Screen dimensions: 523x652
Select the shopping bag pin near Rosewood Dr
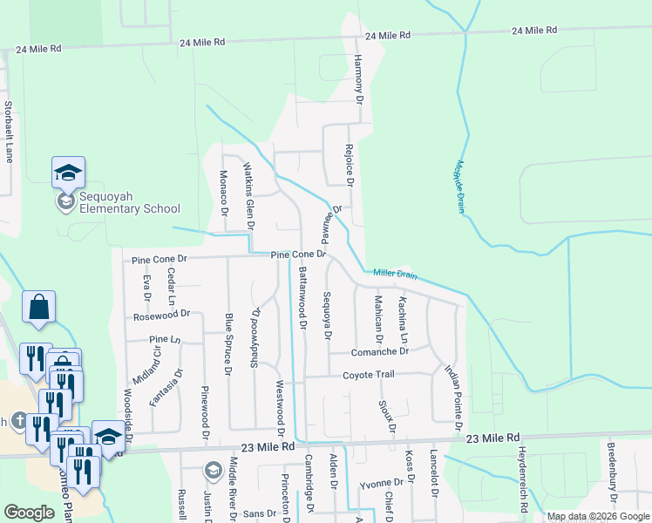tap(39, 308)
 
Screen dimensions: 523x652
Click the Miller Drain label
tap(395, 275)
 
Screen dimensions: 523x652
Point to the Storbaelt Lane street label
tap(10, 132)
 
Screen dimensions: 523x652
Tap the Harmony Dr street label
tap(357, 80)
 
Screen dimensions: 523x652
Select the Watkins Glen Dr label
tap(248, 194)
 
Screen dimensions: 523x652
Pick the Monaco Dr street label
tap(224, 194)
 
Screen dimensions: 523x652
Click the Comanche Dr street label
tap(380, 352)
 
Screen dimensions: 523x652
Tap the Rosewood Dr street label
tap(162, 314)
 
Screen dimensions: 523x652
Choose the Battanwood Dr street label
tap(302, 296)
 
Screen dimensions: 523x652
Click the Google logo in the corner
tap(29, 513)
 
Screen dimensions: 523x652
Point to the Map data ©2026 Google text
tap(598, 516)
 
